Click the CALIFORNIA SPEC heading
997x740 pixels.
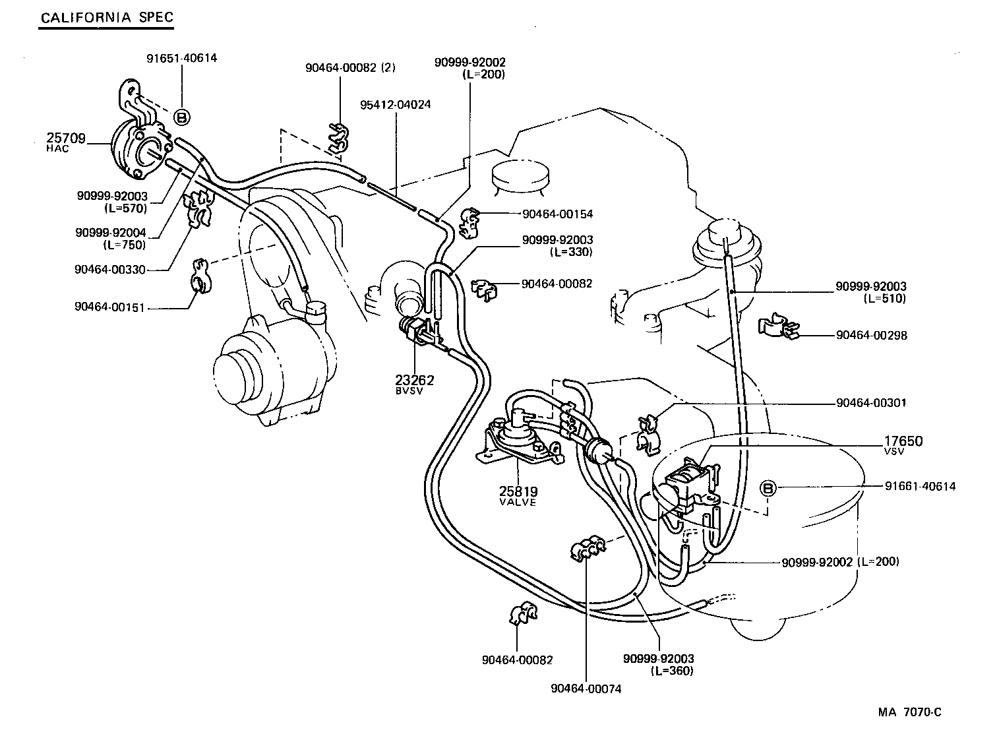(x=107, y=17)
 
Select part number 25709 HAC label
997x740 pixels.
(x=66, y=142)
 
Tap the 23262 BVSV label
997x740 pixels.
(x=415, y=384)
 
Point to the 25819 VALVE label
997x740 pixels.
(x=518, y=495)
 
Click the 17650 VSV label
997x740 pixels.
(x=903, y=445)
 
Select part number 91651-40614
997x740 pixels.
(x=181, y=58)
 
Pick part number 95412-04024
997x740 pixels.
(x=396, y=104)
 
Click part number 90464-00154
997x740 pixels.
(x=557, y=214)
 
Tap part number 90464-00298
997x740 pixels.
(x=871, y=335)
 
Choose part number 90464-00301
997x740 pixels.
(x=871, y=402)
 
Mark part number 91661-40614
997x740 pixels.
(x=920, y=486)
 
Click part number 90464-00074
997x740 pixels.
(x=586, y=689)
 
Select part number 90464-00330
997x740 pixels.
(x=110, y=269)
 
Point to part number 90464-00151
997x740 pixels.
(x=110, y=307)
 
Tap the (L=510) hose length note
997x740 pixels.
(x=885, y=298)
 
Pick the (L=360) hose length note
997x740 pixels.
(x=671, y=671)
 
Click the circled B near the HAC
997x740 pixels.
(x=182, y=117)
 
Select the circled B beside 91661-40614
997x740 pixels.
(x=768, y=488)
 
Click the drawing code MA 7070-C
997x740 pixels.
(x=909, y=712)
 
